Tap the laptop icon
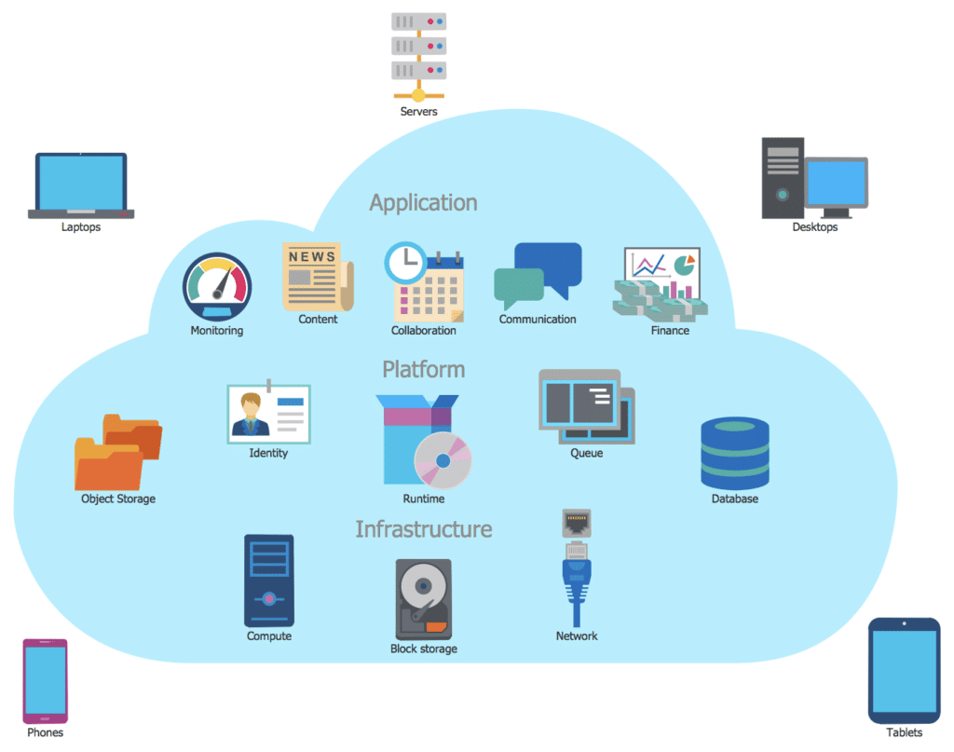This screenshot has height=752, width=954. (81, 185)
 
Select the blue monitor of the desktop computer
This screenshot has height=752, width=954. (836, 184)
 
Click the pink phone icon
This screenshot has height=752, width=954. (45, 680)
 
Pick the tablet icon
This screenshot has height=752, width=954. (904, 670)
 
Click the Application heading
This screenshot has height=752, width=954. (423, 202)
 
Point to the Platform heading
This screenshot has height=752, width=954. (423, 369)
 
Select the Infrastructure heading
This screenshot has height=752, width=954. (423, 529)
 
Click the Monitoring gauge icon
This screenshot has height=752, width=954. (216, 286)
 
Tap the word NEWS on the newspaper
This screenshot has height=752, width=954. (311, 256)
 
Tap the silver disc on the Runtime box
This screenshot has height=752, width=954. (443, 460)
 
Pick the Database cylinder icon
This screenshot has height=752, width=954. (734, 453)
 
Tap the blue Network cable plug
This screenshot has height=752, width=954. (577, 578)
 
